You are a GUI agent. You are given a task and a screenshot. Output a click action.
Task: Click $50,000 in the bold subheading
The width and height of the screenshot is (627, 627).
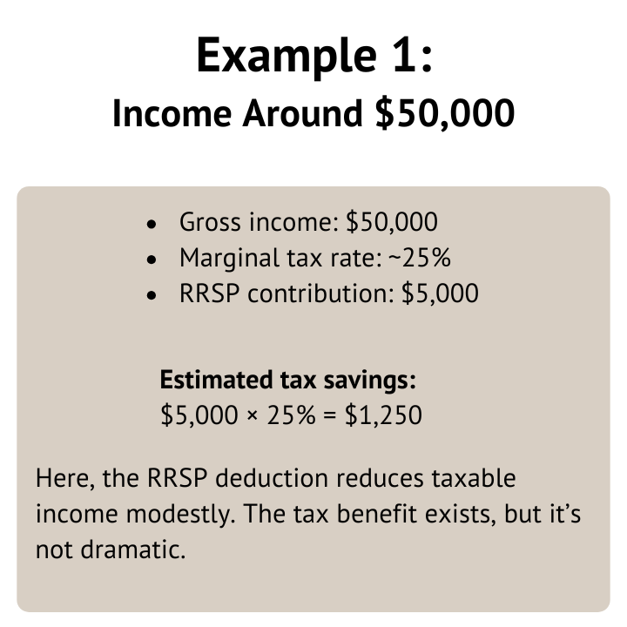pos(445,114)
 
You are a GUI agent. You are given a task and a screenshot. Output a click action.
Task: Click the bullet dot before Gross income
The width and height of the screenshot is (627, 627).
pos(152,225)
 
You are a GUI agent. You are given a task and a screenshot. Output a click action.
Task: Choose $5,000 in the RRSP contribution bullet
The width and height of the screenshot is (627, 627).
pos(441,293)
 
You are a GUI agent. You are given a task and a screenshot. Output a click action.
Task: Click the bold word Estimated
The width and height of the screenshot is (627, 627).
pos(212,381)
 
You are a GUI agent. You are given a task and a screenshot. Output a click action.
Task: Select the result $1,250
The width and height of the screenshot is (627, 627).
pos(384,415)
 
